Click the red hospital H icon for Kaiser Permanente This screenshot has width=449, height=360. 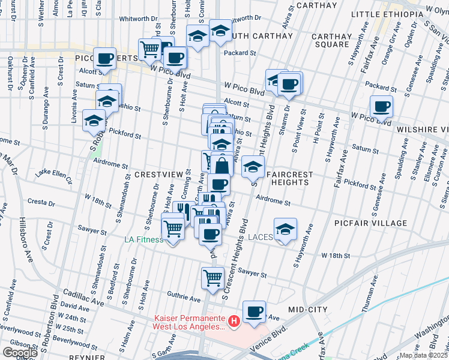coord(234,322)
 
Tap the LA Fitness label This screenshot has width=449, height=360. coord(143,240)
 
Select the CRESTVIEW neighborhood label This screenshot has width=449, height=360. coord(158,174)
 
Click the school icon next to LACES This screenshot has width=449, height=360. coord(285,229)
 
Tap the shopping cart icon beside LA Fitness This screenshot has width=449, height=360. coord(173,227)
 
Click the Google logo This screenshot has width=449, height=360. coord(20,353)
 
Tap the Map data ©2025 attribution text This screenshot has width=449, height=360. coord(424,355)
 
